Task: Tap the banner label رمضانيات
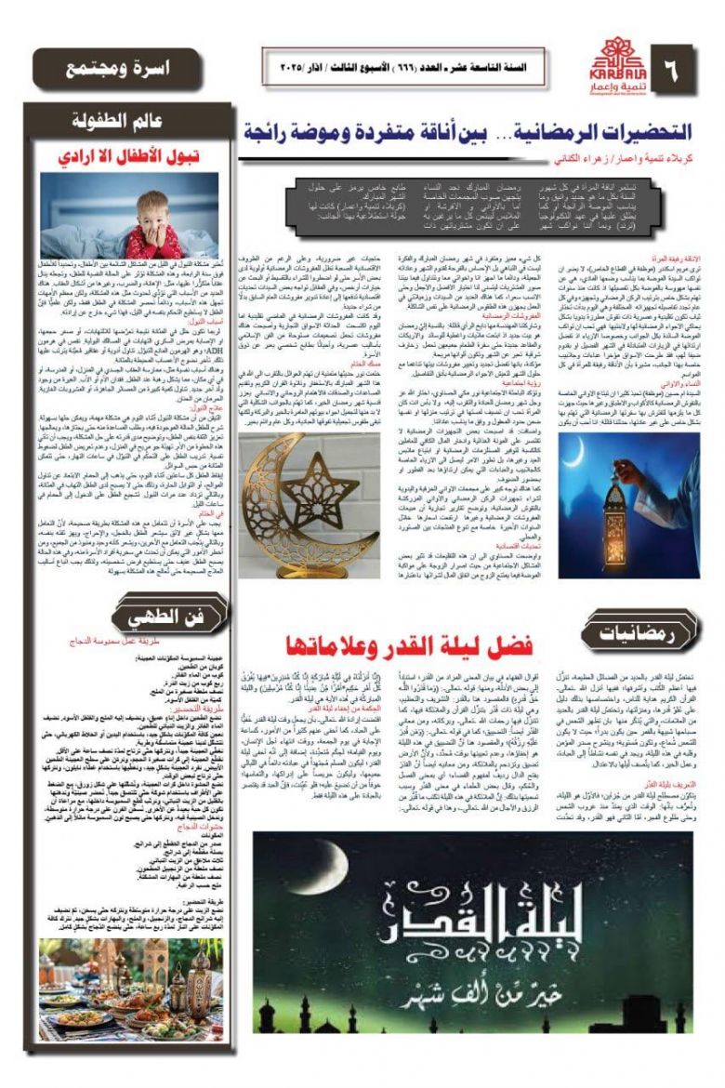coord(635,634)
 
